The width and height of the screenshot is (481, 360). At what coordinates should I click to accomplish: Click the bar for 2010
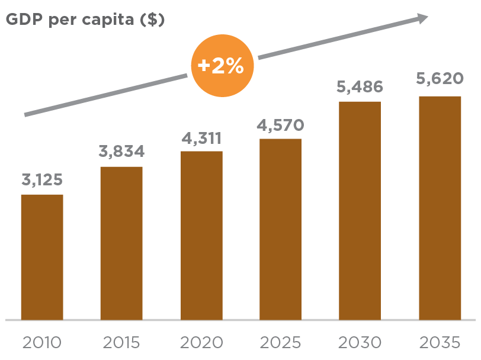point(42,257)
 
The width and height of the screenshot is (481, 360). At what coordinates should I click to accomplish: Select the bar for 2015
point(121,243)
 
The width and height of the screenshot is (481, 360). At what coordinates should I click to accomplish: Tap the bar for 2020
point(201,236)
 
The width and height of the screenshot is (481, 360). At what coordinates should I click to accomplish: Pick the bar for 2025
point(280,229)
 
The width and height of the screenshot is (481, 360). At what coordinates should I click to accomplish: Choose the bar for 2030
point(360,211)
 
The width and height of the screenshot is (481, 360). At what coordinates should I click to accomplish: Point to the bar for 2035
point(440,208)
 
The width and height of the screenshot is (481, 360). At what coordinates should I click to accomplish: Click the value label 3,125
point(42,180)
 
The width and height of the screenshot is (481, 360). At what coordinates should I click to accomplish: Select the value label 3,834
point(121,152)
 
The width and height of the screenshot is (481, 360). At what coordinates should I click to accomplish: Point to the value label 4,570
point(280,125)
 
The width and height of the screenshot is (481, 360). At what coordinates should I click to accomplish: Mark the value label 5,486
point(360,87)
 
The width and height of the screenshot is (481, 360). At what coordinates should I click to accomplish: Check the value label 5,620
point(440,79)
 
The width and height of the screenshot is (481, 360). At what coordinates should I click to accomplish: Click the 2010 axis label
point(42,342)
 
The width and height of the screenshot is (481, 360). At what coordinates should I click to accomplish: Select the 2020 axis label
point(201,342)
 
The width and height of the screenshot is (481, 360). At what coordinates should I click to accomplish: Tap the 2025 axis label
point(280,342)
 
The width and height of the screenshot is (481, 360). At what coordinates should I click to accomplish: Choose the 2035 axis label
point(440,342)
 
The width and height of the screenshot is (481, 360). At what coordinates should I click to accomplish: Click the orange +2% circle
point(222,66)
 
